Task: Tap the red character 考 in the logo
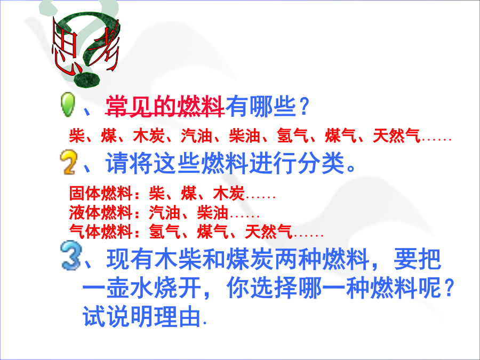(x=104, y=46)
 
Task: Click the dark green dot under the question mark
(x=87, y=79)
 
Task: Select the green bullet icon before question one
(x=68, y=105)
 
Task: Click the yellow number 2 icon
(x=68, y=162)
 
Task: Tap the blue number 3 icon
(x=71, y=255)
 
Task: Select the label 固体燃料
(x=100, y=193)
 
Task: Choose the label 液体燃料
(x=100, y=212)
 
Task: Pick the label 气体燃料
(x=100, y=231)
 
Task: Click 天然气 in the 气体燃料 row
(x=268, y=231)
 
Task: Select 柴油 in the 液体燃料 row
(x=212, y=212)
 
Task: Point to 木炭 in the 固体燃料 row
(x=228, y=193)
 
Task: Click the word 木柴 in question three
(x=178, y=259)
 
